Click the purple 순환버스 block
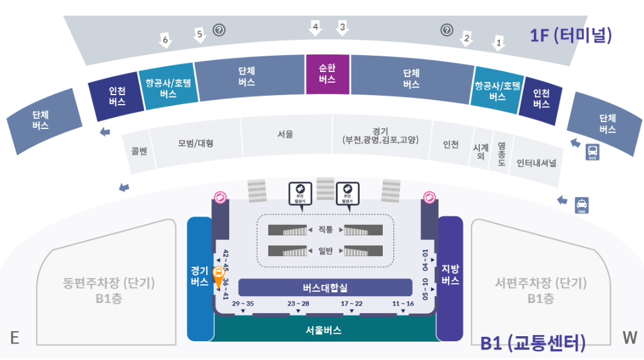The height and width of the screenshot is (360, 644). [x=327, y=74]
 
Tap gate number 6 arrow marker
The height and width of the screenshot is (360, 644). [x=165, y=40]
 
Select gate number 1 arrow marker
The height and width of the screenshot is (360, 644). [x=499, y=43]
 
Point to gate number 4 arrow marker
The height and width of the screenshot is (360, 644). [x=316, y=27]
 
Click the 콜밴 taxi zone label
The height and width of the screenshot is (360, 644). [x=138, y=151]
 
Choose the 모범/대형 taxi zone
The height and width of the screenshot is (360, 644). [x=195, y=143]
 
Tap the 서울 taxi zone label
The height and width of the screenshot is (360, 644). [x=286, y=134]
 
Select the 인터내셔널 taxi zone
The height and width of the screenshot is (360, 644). [x=536, y=163]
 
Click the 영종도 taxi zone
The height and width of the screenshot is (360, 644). [x=501, y=154]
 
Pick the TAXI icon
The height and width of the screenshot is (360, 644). [x=582, y=205]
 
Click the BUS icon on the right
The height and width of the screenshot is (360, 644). [x=592, y=152]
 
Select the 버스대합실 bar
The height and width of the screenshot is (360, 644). [x=325, y=287]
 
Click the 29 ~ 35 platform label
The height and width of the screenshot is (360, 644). [x=242, y=304]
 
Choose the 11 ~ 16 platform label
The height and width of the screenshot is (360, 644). [x=403, y=304]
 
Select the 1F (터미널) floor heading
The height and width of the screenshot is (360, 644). [x=571, y=35]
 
